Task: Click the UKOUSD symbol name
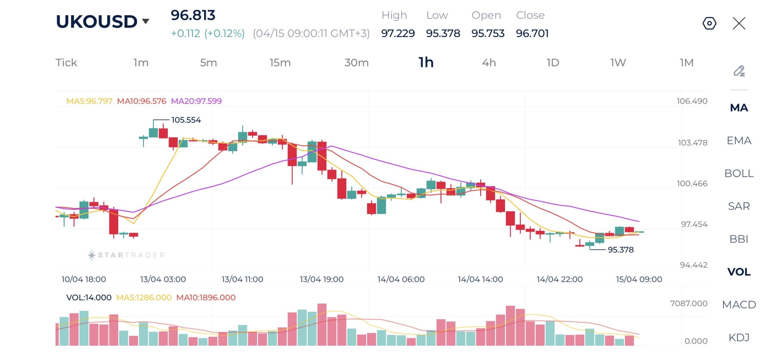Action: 97,21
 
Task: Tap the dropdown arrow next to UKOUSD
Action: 146,21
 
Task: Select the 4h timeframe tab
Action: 489,63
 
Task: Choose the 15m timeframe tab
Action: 280,63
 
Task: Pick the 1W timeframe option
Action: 618,63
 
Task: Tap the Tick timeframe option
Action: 66,63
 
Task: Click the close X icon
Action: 739,23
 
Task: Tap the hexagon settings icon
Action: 709,23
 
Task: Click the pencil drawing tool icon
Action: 739,71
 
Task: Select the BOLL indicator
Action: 739,173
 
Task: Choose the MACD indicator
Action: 739,305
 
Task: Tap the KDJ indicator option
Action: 739,337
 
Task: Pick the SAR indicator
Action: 739,206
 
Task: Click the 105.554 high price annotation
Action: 186,120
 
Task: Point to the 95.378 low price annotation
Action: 620,250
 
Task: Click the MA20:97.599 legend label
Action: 196,101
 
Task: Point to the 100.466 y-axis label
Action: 692,184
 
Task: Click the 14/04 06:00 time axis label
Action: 401,279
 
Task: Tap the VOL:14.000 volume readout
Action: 89,298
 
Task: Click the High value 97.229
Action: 398,33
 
